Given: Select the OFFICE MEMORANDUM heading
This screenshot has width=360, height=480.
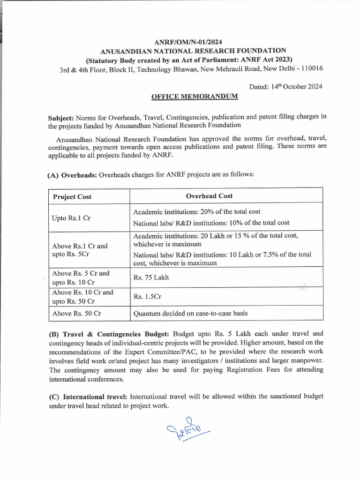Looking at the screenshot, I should (x=194, y=96).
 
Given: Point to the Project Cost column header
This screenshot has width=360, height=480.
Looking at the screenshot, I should (x=72, y=196).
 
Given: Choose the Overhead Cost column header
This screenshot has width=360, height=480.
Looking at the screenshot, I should (x=209, y=196).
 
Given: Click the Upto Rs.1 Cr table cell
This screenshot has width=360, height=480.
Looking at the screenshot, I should (x=72, y=218).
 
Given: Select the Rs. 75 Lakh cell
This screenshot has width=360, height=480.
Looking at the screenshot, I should (x=151, y=277).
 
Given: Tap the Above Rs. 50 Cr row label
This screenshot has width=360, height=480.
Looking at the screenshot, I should (x=77, y=313).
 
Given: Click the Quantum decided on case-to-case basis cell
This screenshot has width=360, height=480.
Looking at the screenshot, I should (x=190, y=313).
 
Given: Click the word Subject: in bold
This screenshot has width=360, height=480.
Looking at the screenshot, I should (x=61, y=117).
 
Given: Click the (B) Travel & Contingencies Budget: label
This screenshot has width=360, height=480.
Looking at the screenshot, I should (x=110, y=334).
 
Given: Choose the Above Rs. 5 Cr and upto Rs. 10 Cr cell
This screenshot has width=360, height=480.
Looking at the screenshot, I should (x=81, y=277).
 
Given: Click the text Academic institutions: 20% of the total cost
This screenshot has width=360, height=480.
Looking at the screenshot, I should (x=197, y=212).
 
